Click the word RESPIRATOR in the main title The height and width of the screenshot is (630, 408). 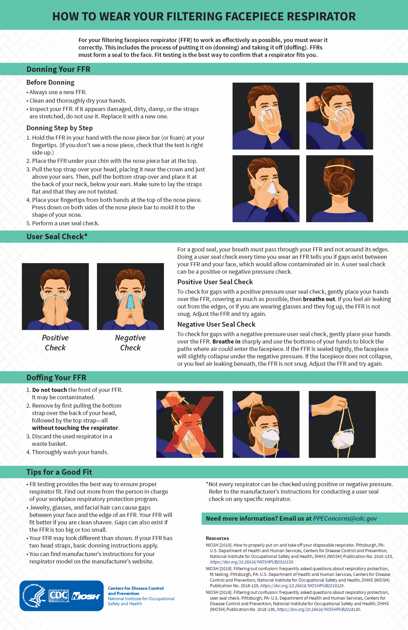(321, 16)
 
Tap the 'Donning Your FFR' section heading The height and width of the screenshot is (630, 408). (58, 69)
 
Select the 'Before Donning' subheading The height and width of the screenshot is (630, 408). (50, 82)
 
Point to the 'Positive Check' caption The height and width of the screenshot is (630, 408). (55, 342)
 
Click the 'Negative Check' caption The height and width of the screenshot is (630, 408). (130, 342)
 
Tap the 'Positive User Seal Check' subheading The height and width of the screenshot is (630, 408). (215, 282)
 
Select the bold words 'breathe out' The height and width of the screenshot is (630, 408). (319, 299)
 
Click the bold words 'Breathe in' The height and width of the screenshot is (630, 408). (226, 341)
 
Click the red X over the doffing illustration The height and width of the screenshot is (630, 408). (190, 424)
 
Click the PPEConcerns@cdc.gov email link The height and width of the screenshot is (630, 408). (345, 518)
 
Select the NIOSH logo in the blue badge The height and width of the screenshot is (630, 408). (85, 596)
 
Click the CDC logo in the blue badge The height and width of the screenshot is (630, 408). (59, 596)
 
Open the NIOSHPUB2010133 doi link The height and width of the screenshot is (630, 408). (251, 562)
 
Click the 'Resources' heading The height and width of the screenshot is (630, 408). (217, 538)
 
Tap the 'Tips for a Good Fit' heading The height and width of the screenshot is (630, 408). (59, 472)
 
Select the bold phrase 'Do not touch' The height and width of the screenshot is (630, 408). (50, 390)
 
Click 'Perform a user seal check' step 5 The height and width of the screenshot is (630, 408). (66, 223)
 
